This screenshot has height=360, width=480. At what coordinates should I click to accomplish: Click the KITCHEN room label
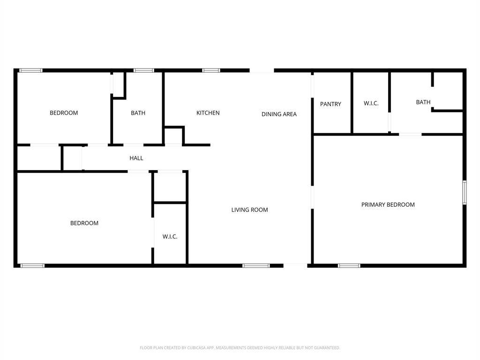(208, 113)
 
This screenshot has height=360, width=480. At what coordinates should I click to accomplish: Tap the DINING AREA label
(279, 114)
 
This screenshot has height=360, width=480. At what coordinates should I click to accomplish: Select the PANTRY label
(330, 104)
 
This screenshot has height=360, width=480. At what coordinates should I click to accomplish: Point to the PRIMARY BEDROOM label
(388, 204)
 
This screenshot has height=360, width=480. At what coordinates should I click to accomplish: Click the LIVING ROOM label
(249, 210)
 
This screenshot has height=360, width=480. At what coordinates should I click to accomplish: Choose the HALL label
(136, 158)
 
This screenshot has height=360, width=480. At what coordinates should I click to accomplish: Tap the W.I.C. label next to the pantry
(371, 103)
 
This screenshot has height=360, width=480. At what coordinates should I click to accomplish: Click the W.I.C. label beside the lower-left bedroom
(170, 237)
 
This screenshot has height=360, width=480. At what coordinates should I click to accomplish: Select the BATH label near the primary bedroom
(423, 102)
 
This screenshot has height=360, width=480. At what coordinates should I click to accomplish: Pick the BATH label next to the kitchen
(138, 113)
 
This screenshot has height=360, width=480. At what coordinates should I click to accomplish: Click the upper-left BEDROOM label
(64, 113)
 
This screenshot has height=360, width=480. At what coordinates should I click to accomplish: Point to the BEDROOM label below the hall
(84, 223)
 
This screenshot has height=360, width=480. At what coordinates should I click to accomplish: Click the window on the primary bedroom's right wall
(465, 192)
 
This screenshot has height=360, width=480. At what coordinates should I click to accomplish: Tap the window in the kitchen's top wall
(211, 70)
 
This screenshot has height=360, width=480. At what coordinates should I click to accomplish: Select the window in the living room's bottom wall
(256, 266)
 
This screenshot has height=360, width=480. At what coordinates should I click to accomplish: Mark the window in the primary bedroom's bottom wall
(349, 266)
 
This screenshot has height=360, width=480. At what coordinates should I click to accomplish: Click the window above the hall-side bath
(143, 70)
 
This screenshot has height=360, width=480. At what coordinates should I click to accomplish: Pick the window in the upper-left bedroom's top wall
(31, 70)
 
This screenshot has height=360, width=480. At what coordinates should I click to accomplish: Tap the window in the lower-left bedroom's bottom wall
(32, 266)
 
